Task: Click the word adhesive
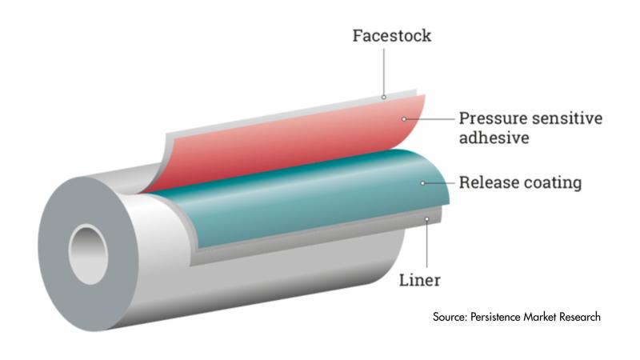point(494,139)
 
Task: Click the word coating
point(554,183)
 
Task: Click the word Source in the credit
point(454,317)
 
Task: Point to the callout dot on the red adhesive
point(406,119)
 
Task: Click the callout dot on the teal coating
point(423,183)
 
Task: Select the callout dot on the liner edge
point(427,218)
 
